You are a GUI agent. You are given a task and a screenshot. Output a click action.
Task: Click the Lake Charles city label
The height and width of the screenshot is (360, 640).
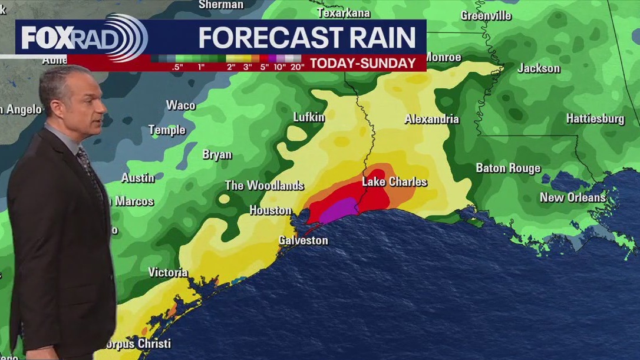click(394, 181)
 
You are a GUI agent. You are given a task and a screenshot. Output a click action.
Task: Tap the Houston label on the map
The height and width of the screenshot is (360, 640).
click(270, 210)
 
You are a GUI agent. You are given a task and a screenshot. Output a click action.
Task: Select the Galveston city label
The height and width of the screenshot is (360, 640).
click(303, 240)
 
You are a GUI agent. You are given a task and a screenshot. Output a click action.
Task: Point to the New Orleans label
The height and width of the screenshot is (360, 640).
click(573, 197)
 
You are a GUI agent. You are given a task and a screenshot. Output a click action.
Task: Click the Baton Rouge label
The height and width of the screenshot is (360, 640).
click(508, 169)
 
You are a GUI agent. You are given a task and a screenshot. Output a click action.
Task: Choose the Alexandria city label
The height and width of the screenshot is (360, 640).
click(431, 119)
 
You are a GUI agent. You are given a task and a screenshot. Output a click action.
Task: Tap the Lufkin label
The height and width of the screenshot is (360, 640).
click(309, 117)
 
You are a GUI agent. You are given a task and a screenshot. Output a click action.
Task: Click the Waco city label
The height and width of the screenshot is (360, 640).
click(180, 105)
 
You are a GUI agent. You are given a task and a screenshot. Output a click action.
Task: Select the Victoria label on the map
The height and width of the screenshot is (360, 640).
click(168, 272)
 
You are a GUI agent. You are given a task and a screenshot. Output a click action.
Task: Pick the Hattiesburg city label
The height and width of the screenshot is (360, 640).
click(595, 118)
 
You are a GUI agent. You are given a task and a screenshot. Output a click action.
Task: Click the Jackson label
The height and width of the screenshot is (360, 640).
click(539, 68)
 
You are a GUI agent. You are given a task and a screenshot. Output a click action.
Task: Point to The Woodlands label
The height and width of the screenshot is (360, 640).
click(265, 186)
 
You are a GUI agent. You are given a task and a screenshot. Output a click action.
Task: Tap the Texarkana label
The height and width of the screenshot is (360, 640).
click(344, 12)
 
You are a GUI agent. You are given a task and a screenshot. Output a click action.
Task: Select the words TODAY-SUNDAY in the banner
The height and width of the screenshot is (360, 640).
click(363, 64)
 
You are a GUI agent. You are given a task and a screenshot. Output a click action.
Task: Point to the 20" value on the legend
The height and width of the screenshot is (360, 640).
click(297, 67)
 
